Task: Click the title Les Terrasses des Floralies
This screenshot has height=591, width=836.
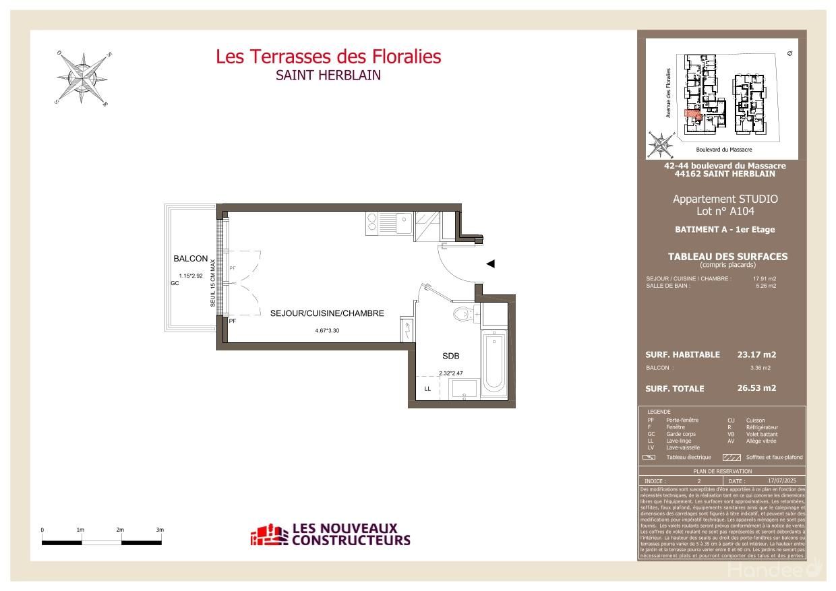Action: (328, 57)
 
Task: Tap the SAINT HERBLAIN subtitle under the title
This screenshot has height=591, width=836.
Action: (328, 75)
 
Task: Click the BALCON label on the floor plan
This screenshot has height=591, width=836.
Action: (191, 259)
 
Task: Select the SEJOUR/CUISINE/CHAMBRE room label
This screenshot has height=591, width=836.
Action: (327, 313)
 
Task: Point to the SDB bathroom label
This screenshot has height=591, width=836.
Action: (450, 356)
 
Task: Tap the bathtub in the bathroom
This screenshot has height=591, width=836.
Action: (494, 363)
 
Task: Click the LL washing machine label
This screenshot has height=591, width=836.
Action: (427, 389)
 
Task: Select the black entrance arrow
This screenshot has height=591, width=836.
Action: (491, 263)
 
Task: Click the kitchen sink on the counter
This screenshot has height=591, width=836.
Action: (402, 222)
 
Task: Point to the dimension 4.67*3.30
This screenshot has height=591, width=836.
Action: (327, 331)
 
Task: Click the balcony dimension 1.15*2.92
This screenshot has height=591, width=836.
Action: (191, 276)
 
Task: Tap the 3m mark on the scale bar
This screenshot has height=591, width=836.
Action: (160, 530)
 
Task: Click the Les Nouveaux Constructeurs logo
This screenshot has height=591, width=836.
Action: (330, 534)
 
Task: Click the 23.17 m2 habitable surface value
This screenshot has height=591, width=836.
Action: (756, 354)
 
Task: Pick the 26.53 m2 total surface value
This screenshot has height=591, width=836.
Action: (756, 388)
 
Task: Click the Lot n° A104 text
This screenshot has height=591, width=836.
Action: (725, 212)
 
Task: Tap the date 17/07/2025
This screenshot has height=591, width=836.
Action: (782, 480)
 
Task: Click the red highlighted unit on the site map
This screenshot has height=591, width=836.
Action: (692, 115)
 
